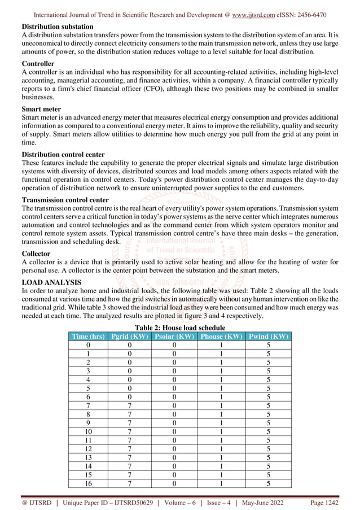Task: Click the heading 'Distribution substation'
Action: [x=58, y=27]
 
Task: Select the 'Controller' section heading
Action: [x=38, y=64]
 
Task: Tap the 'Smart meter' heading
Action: [x=41, y=109]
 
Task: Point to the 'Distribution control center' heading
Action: [x=63, y=154]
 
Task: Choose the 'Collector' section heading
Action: [x=36, y=254]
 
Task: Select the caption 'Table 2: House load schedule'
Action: [x=179, y=328]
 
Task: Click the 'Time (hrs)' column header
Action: [x=87, y=336]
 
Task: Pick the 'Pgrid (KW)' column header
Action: [x=130, y=336]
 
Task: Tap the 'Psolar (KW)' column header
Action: [x=174, y=336]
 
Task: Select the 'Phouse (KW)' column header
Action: [x=221, y=336]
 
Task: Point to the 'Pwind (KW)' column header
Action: [x=268, y=336]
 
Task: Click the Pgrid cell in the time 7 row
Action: [x=130, y=405]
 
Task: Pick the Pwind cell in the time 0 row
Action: [x=268, y=345]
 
